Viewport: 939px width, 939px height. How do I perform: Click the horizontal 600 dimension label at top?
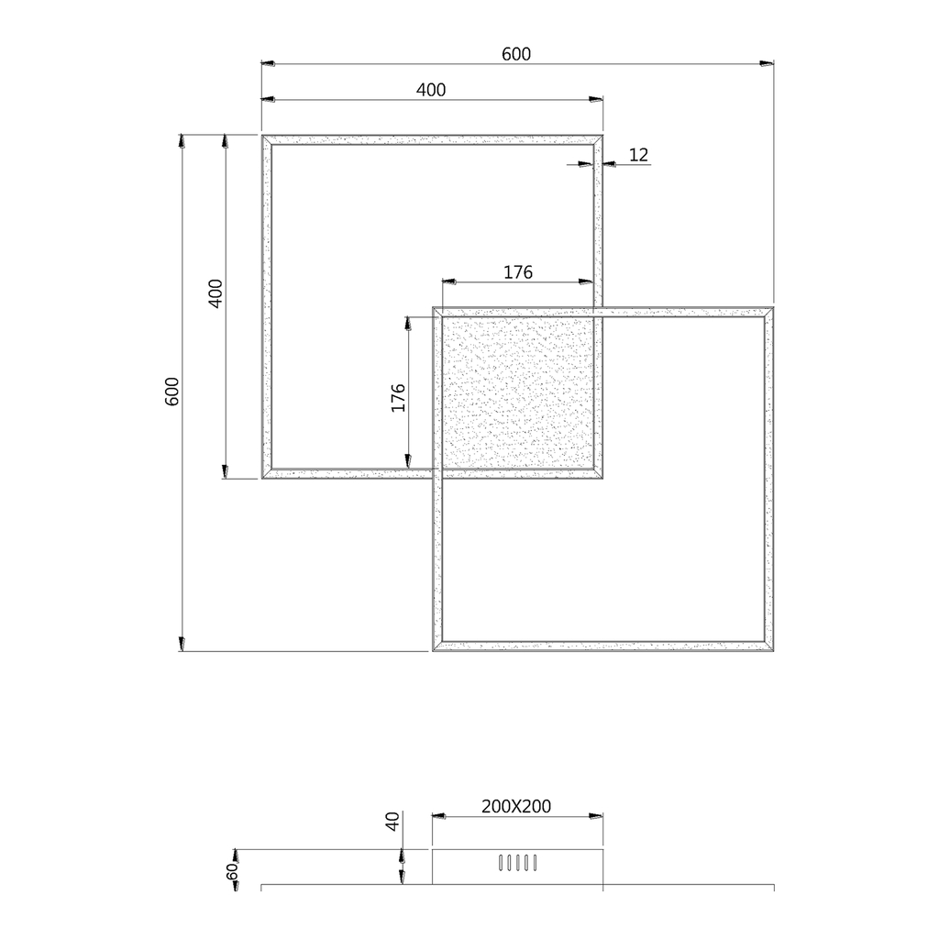coord(516,54)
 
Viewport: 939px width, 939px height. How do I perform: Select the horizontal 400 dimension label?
coord(431,90)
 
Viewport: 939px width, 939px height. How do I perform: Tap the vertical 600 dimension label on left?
coord(171,392)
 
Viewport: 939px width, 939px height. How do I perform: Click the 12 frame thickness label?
coord(639,155)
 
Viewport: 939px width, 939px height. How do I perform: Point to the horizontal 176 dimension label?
coord(518,272)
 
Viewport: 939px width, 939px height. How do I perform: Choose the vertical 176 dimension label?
coord(398,398)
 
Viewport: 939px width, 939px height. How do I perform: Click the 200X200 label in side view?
coord(516,807)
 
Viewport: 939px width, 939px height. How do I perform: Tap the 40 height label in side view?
coord(392,821)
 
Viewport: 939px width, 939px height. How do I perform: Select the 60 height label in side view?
coord(232,871)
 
